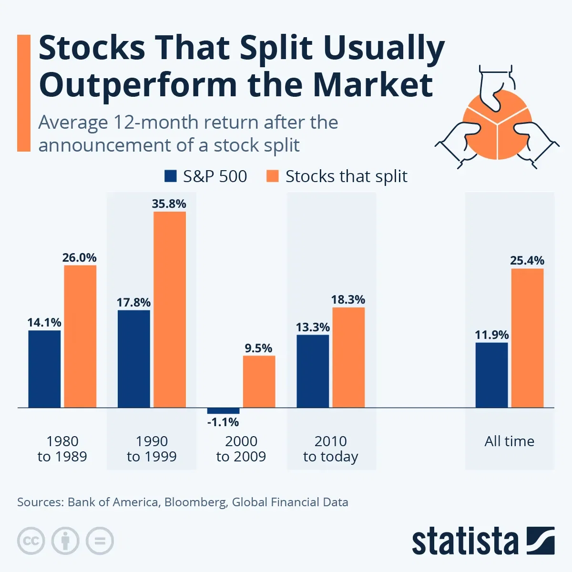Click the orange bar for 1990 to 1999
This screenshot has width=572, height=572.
170,310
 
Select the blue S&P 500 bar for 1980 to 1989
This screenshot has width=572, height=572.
44,369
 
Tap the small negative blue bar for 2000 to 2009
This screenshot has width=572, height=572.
223,411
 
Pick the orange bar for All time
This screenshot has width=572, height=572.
527,338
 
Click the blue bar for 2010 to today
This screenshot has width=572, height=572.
313,371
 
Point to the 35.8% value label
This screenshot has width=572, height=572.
169,204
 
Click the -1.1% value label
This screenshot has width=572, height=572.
223,422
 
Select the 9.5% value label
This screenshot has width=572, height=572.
258,348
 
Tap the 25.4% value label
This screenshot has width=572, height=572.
527,261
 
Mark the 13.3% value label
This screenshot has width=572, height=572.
313,327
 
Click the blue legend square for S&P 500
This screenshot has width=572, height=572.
171,176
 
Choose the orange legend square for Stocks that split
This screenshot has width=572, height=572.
272,176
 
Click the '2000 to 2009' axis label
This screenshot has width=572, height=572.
241,449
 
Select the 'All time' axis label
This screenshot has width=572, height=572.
509,441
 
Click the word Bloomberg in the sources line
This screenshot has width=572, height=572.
195,502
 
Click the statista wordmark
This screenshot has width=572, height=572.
465,542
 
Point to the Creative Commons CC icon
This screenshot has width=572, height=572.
31,541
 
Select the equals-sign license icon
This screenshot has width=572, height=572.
100,541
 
